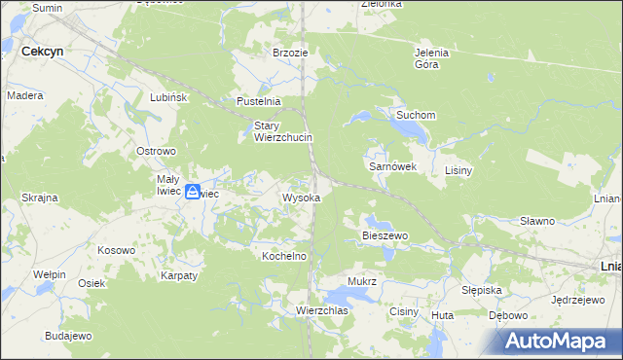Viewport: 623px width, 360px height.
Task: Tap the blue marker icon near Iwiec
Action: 194,193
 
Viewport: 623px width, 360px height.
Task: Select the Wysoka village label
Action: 301,198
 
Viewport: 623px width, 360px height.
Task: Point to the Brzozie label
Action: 290,53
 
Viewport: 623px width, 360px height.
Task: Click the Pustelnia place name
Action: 259,101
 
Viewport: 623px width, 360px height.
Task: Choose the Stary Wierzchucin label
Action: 282,131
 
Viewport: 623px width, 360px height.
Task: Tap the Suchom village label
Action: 415,115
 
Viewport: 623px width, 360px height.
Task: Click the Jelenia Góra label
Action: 431,58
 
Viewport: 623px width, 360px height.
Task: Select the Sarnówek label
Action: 392,166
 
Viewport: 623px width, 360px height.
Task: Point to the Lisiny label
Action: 458,170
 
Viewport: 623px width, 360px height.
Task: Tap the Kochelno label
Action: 284,256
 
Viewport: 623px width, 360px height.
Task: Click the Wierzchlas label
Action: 322,310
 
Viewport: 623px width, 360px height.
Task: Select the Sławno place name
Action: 536,221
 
